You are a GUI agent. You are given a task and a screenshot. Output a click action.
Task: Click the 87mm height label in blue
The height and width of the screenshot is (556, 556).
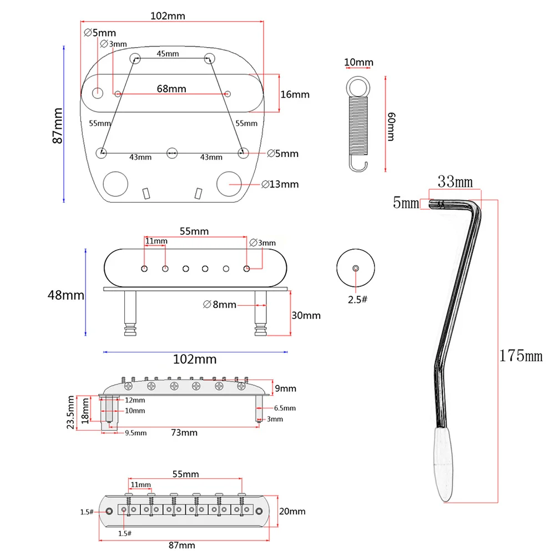[x=58, y=125]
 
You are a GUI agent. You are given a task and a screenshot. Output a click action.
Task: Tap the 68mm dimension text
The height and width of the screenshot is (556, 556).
[x=171, y=88]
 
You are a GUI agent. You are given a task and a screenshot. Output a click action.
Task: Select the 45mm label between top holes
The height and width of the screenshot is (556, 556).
[x=168, y=54]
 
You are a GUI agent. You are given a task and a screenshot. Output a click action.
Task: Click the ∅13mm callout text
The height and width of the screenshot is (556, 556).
[x=280, y=184]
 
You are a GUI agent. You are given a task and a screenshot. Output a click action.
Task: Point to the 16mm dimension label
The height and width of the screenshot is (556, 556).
[x=295, y=94]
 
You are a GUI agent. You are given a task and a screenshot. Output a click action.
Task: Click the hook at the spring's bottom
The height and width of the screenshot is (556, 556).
[x=358, y=164]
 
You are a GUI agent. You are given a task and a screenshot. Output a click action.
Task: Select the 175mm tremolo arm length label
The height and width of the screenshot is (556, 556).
[x=520, y=356]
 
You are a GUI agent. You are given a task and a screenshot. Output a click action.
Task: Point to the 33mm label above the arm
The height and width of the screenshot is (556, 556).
[x=454, y=181]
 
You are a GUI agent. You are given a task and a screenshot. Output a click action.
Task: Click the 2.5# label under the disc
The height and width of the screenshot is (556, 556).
[x=357, y=300]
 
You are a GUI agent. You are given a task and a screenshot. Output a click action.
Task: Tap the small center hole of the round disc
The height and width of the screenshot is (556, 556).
[x=356, y=268]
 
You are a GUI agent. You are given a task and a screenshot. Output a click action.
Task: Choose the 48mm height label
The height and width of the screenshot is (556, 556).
[x=65, y=295]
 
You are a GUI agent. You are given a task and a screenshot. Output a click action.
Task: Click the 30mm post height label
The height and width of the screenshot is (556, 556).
[x=306, y=315]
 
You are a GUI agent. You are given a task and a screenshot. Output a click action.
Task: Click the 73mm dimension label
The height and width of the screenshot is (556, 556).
[x=184, y=432]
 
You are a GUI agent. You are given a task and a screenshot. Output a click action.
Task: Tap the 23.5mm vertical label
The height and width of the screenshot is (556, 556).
[x=70, y=412]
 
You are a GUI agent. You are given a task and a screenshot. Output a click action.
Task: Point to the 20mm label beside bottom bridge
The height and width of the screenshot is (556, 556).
[x=292, y=511]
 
